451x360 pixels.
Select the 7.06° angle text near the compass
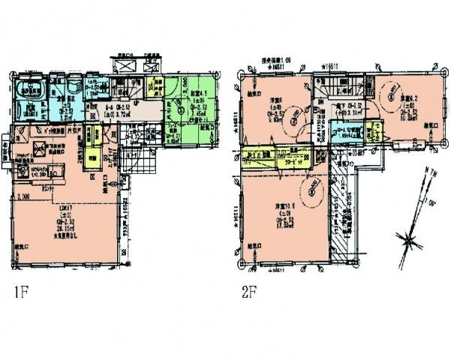430,202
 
